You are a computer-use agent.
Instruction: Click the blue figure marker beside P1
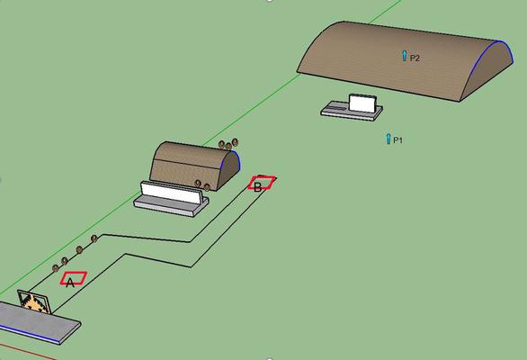click(389, 139)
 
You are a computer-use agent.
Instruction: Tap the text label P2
click(415, 58)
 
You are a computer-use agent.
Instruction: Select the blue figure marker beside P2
click(405, 56)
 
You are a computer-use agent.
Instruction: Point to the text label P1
click(397, 140)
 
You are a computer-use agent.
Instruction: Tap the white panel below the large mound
click(362, 103)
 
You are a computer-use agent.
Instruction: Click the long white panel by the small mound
click(172, 193)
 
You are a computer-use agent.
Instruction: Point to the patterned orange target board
click(34, 301)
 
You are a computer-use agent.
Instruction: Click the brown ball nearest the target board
click(56, 268)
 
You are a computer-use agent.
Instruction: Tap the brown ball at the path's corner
click(94, 238)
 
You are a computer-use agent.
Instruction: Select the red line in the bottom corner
click(27, 352)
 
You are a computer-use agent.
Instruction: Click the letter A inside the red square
click(70, 283)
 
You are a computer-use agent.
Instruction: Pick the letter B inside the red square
click(257, 187)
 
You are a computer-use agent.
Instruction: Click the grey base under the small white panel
click(352, 111)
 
